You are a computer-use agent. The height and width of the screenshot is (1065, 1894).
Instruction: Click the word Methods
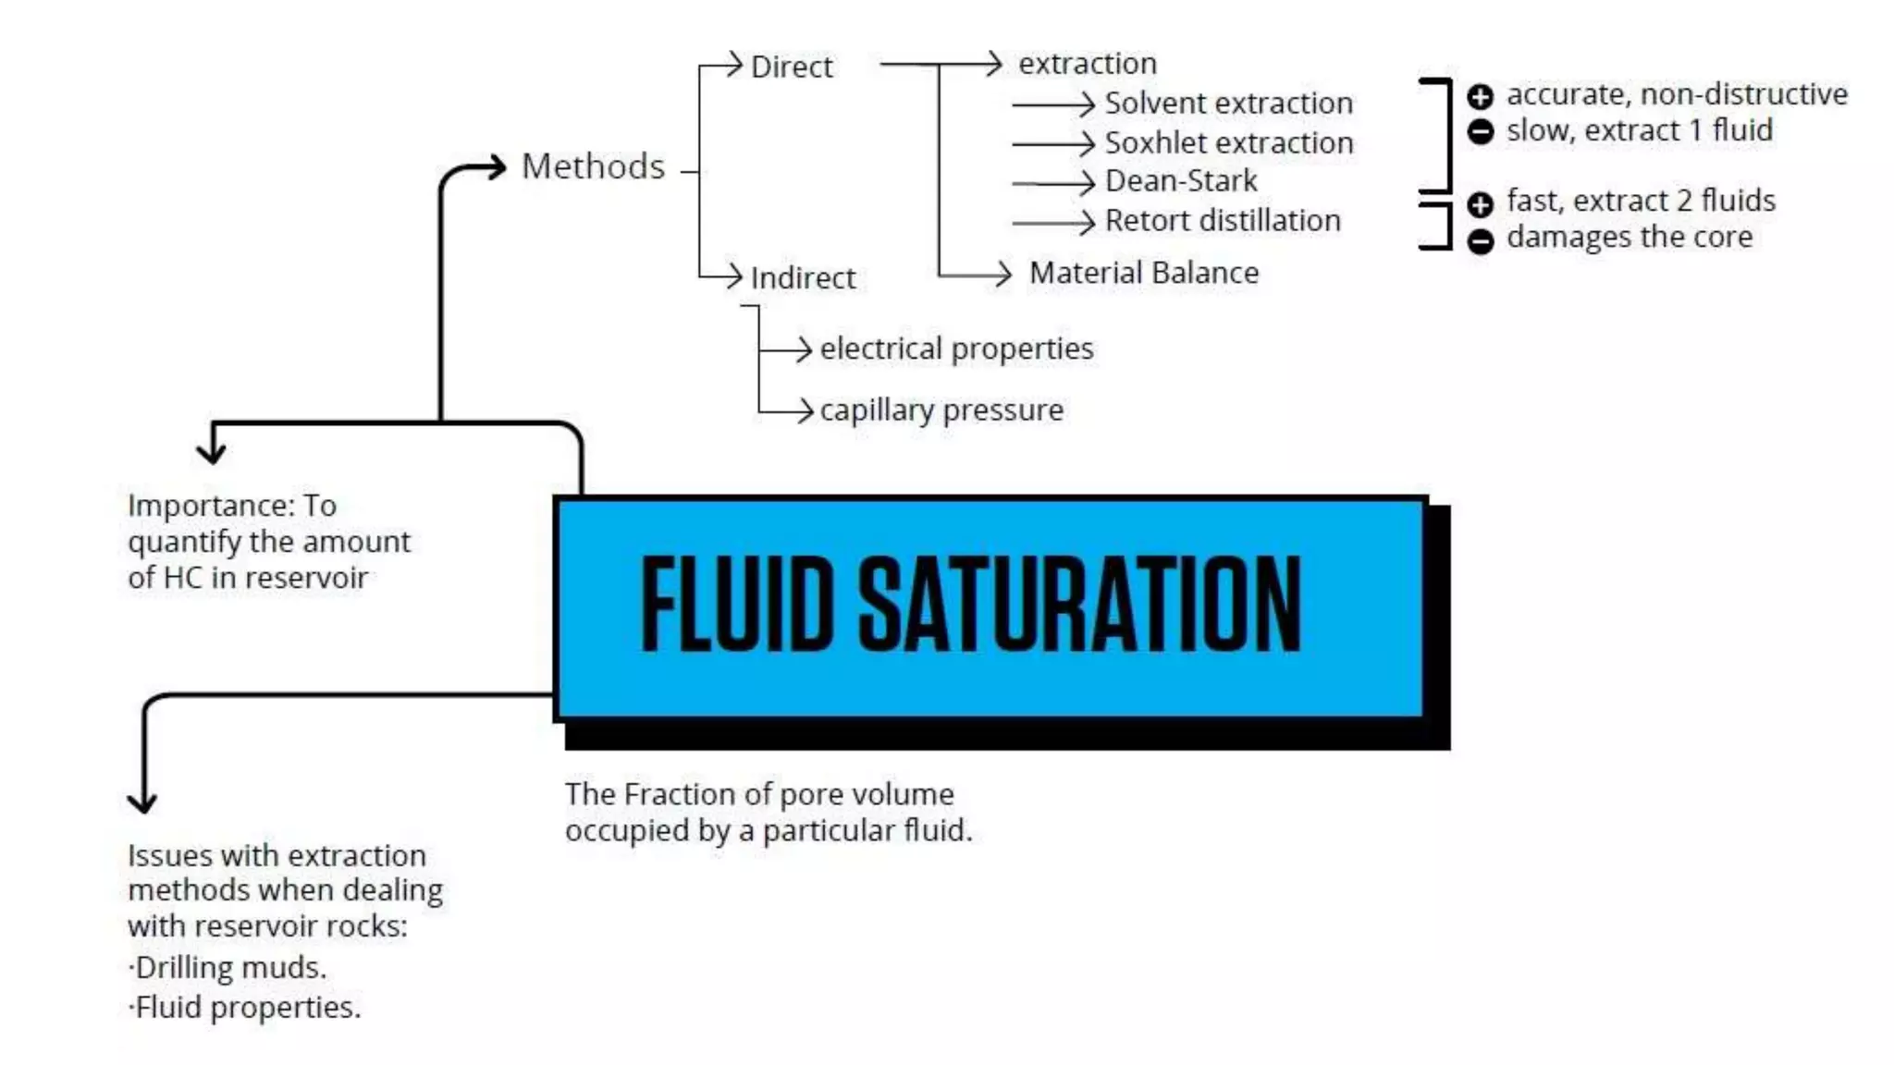[593, 166]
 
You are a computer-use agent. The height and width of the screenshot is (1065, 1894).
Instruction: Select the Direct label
[792, 67]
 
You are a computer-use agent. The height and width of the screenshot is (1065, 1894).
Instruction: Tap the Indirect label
[803, 277]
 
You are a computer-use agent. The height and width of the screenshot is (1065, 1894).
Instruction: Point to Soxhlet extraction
[1228, 142]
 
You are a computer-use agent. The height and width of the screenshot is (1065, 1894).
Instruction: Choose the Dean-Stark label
[1181, 180]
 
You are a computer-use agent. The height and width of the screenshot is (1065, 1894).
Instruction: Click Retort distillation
[1222, 220]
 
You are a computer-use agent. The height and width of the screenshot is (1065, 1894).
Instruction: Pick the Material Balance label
[1143, 273]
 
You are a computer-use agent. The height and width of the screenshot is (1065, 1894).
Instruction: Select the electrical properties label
[956, 349]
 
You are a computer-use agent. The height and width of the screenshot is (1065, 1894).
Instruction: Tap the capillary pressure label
[941, 410]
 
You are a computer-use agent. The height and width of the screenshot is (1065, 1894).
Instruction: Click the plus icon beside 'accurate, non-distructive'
[1480, 96]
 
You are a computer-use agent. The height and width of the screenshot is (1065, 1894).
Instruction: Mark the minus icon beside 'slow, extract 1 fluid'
[1480, 131]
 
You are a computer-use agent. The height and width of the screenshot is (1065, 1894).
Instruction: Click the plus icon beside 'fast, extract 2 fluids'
[1480, 203]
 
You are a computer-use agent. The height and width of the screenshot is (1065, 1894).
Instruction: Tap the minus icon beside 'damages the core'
[1480, 240]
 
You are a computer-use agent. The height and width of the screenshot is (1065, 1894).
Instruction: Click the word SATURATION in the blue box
[1079, 606]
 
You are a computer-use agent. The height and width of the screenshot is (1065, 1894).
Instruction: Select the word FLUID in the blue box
[737, 606]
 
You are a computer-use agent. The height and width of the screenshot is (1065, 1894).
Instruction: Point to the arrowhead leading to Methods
[497, 166]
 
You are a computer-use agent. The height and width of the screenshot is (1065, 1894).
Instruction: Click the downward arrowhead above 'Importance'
[212, 453]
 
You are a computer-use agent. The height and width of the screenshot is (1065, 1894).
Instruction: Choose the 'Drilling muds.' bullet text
[230, 967]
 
